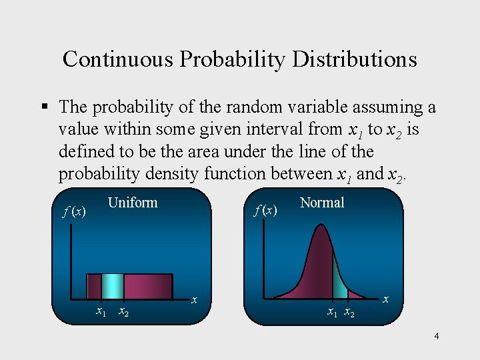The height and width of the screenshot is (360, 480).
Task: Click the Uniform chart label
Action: click(x=132, y=203)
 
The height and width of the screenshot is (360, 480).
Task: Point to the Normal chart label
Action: click(x=322, y=203)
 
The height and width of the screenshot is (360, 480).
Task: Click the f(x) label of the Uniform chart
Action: click(x=74, y=211)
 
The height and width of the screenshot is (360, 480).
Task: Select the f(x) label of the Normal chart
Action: click(x=265, y=210)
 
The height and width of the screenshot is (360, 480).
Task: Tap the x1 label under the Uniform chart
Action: click(x=101, y=311)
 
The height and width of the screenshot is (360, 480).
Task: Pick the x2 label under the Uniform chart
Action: click(x=123, y=311)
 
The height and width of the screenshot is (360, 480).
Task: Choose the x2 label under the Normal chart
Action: click(x=349, y=312)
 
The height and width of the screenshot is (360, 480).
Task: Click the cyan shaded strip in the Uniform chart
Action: click(x=113, y=286)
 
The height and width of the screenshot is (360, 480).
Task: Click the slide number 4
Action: click(x=436, y=336)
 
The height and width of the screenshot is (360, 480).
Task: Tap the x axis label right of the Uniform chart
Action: click(x=194, y=300)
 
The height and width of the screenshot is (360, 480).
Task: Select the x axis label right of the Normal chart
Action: click(x=385, y=300)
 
